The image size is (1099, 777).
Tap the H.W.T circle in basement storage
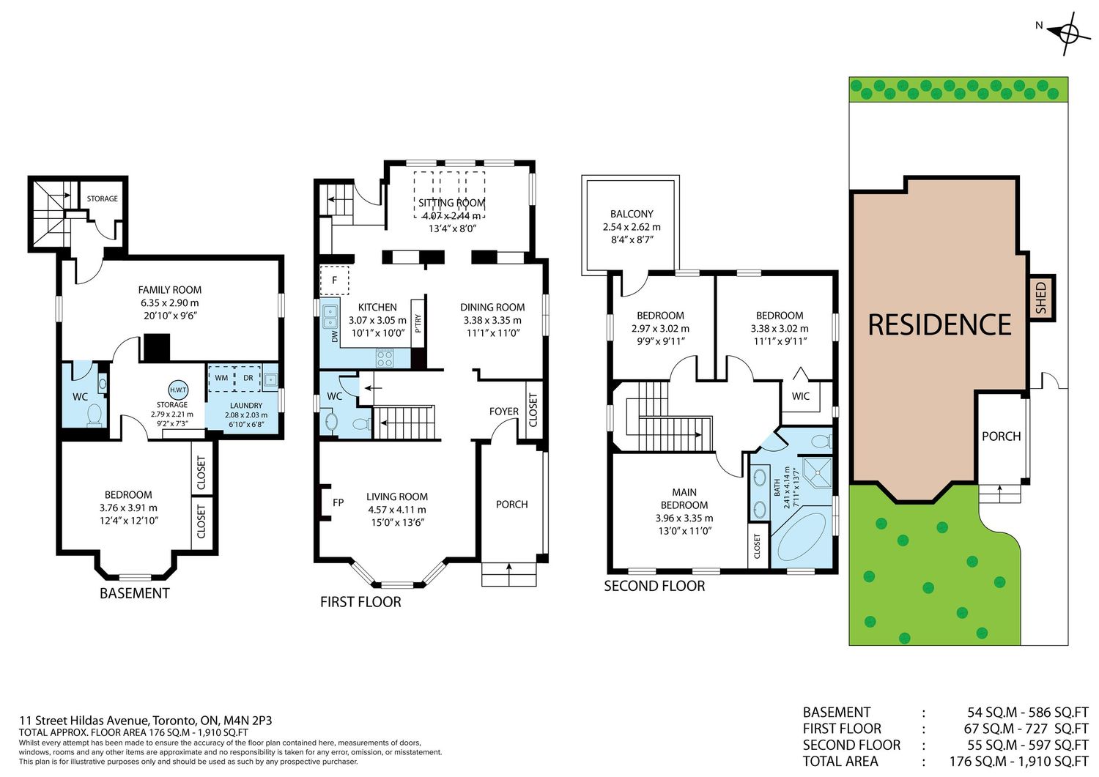point(177,390)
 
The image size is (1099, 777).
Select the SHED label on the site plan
point(1040,298)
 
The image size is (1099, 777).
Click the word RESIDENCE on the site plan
point(939,324)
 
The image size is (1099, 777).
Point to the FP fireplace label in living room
point(338,502)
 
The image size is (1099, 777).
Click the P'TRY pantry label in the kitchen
point(418,324)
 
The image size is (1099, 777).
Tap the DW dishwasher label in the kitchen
point(335,336)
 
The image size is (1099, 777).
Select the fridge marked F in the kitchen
point(335,280)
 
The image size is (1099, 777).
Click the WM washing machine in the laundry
point(222,378)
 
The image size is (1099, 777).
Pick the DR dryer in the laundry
point(248,378)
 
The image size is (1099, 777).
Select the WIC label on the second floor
point(801,396)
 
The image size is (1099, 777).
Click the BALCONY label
point(632,214)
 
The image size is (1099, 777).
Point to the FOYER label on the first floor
point(504,411)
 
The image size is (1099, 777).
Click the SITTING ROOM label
point(451,203)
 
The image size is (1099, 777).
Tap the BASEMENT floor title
point(134,593)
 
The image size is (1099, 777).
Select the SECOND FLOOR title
point(654,586)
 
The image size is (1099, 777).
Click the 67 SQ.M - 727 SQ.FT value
point(1026,729)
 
